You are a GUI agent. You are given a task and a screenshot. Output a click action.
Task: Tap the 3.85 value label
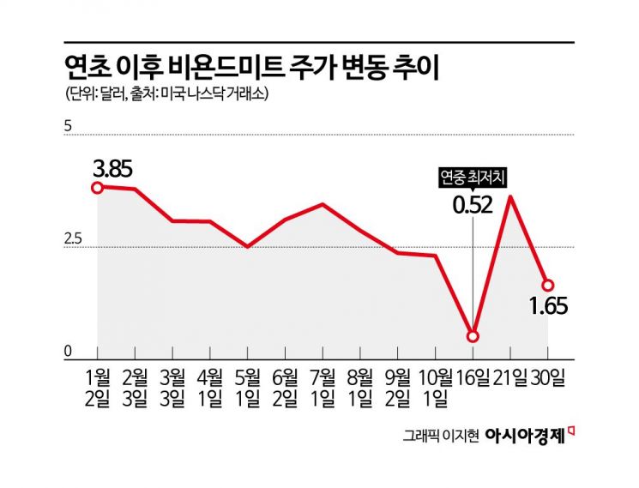click(112, 169)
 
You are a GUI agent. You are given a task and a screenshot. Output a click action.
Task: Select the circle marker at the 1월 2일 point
click(98, 188)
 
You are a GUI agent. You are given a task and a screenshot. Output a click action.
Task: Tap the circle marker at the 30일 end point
click(547, 286)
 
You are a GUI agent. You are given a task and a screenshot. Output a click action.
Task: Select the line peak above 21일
click(511, 197)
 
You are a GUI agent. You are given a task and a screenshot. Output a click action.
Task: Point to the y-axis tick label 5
click(68, 127)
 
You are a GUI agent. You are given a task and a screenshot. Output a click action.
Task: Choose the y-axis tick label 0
click(68, 350)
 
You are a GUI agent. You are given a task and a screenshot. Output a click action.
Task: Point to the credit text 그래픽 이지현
click(442, 436)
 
